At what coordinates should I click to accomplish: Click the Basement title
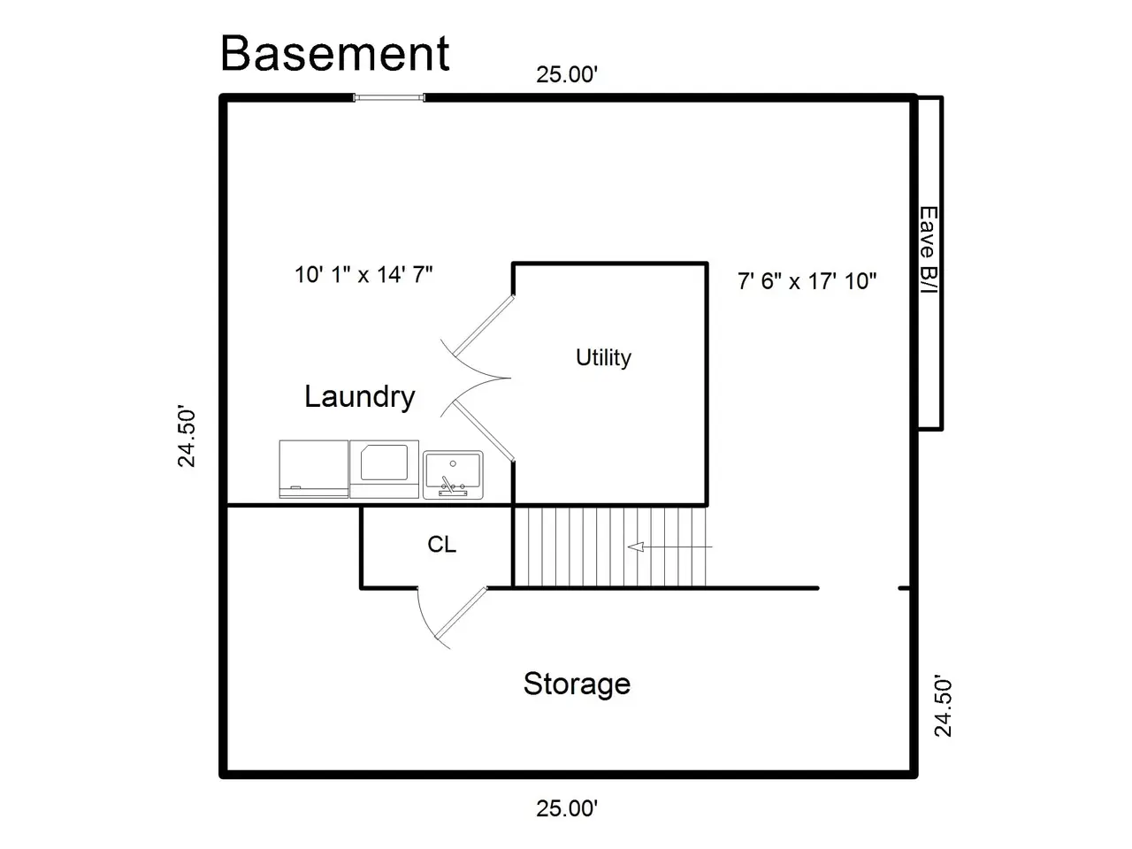click(x=334, y=53)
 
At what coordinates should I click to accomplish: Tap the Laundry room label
click(x=359, y=397)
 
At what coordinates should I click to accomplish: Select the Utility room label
click(x=603, y=358)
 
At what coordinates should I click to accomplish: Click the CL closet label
click(x=441, y=545)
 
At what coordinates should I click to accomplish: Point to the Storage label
click(x=577, y=685)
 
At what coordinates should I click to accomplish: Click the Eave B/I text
click(x=929, y=250)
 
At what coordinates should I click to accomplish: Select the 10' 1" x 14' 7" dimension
click(x=363, y=274)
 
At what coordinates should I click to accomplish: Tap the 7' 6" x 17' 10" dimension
click(x=807, y=281)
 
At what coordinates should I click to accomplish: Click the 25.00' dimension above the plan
click(x=566, y=75)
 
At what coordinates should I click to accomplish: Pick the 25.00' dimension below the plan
click(x=566, y=808)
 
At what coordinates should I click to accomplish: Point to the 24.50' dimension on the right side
click(x=944, y=706)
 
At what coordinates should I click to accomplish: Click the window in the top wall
click(x=389, y=97)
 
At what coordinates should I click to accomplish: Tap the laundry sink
click(x=453, y=475)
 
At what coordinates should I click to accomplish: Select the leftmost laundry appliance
click(x=314, y=469)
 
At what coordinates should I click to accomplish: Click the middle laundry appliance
click(x=384, y=469)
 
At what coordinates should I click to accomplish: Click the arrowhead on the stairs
click(x=635, y=547)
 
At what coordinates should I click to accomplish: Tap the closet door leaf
click(x=461, y=613)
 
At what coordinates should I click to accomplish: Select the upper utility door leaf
click(x=484, y=325)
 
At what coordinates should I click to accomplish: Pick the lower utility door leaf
click(x=484, y=431)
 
